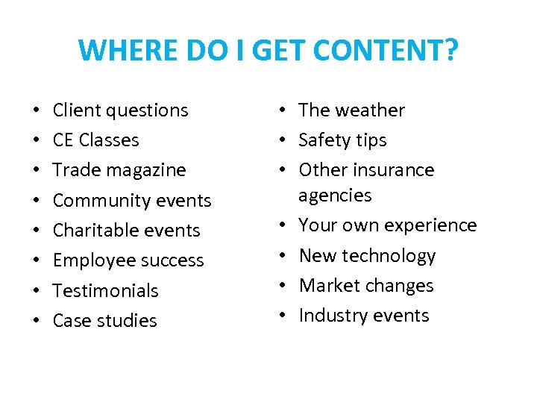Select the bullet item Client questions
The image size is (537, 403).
tap(120, 110)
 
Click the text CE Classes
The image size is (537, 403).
tap(95, 140)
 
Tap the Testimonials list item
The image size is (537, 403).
tap(105, 290)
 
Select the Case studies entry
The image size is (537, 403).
tap(104, 320)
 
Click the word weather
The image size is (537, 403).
tap(371, 110)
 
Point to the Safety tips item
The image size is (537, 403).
tap(342, 140)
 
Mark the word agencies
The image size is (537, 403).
tap(334, 196)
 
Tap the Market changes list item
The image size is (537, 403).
tap(365, 286)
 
